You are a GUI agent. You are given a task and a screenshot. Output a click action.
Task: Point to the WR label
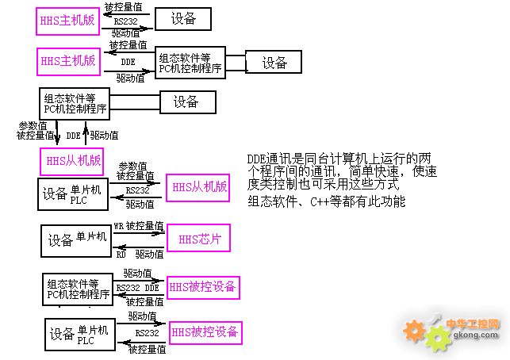[x=118, y=226]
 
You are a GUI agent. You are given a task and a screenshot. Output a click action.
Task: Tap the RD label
[x=121, y=255]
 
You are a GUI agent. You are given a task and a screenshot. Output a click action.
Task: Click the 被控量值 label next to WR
[x=145, y=226]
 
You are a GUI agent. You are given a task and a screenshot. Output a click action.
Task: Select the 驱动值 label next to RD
[x=148, y=255]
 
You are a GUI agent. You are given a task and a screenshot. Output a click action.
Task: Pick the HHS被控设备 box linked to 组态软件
[x=203, y=287]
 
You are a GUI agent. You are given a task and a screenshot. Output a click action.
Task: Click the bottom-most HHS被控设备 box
[x=205, y=331]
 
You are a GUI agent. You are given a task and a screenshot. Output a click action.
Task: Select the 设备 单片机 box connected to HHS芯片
[x=75, y=239]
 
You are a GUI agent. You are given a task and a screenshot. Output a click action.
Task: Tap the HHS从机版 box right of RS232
[x=198, y=187]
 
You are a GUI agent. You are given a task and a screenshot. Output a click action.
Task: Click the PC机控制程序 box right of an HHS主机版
[x=190, y=62]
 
